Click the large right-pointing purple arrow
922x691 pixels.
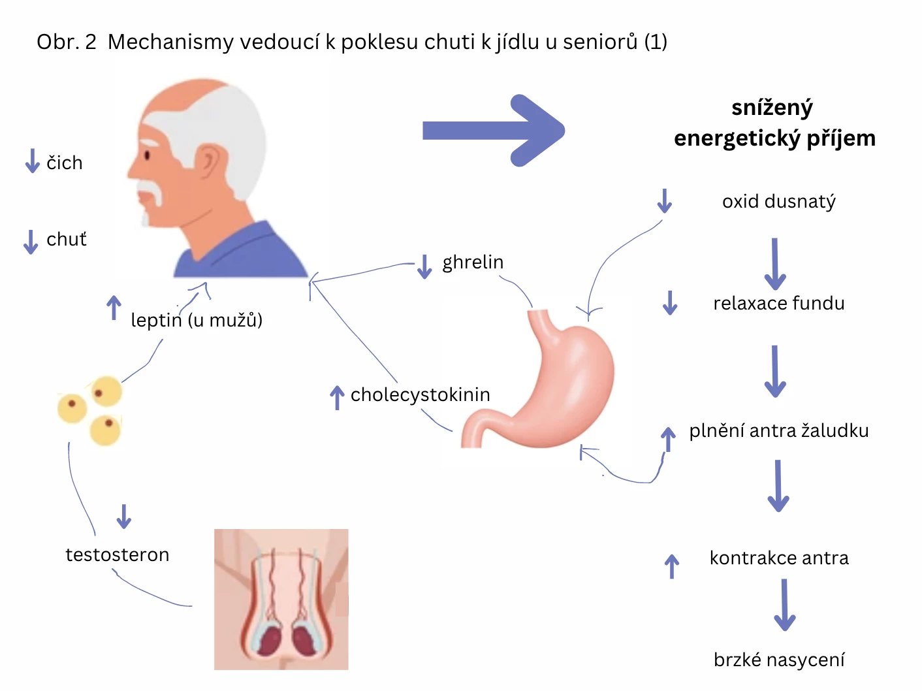pos(493,130)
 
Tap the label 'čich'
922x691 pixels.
pos(65,163)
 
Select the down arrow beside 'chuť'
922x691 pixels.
pos(30,241)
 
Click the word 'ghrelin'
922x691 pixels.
pos(473,262)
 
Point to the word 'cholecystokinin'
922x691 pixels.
pos(420,394)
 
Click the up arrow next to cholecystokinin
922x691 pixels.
pos(337,397)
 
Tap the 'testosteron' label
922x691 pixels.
pos(118,554)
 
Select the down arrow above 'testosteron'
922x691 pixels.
pos(123,516)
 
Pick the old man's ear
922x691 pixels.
pos(210,163)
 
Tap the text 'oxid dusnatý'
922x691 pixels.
pos(778,201)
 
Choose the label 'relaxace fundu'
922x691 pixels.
pos(778,303)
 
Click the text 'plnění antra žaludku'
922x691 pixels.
pos(778,430)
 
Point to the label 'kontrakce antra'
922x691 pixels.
pos(779,558)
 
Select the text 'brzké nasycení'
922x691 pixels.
pos(779,660)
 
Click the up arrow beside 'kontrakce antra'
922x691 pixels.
pos(672,566)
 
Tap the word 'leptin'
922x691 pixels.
pos(156,320)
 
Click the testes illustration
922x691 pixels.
pos(281,600)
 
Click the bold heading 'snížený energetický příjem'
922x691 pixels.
pos(774,123)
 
